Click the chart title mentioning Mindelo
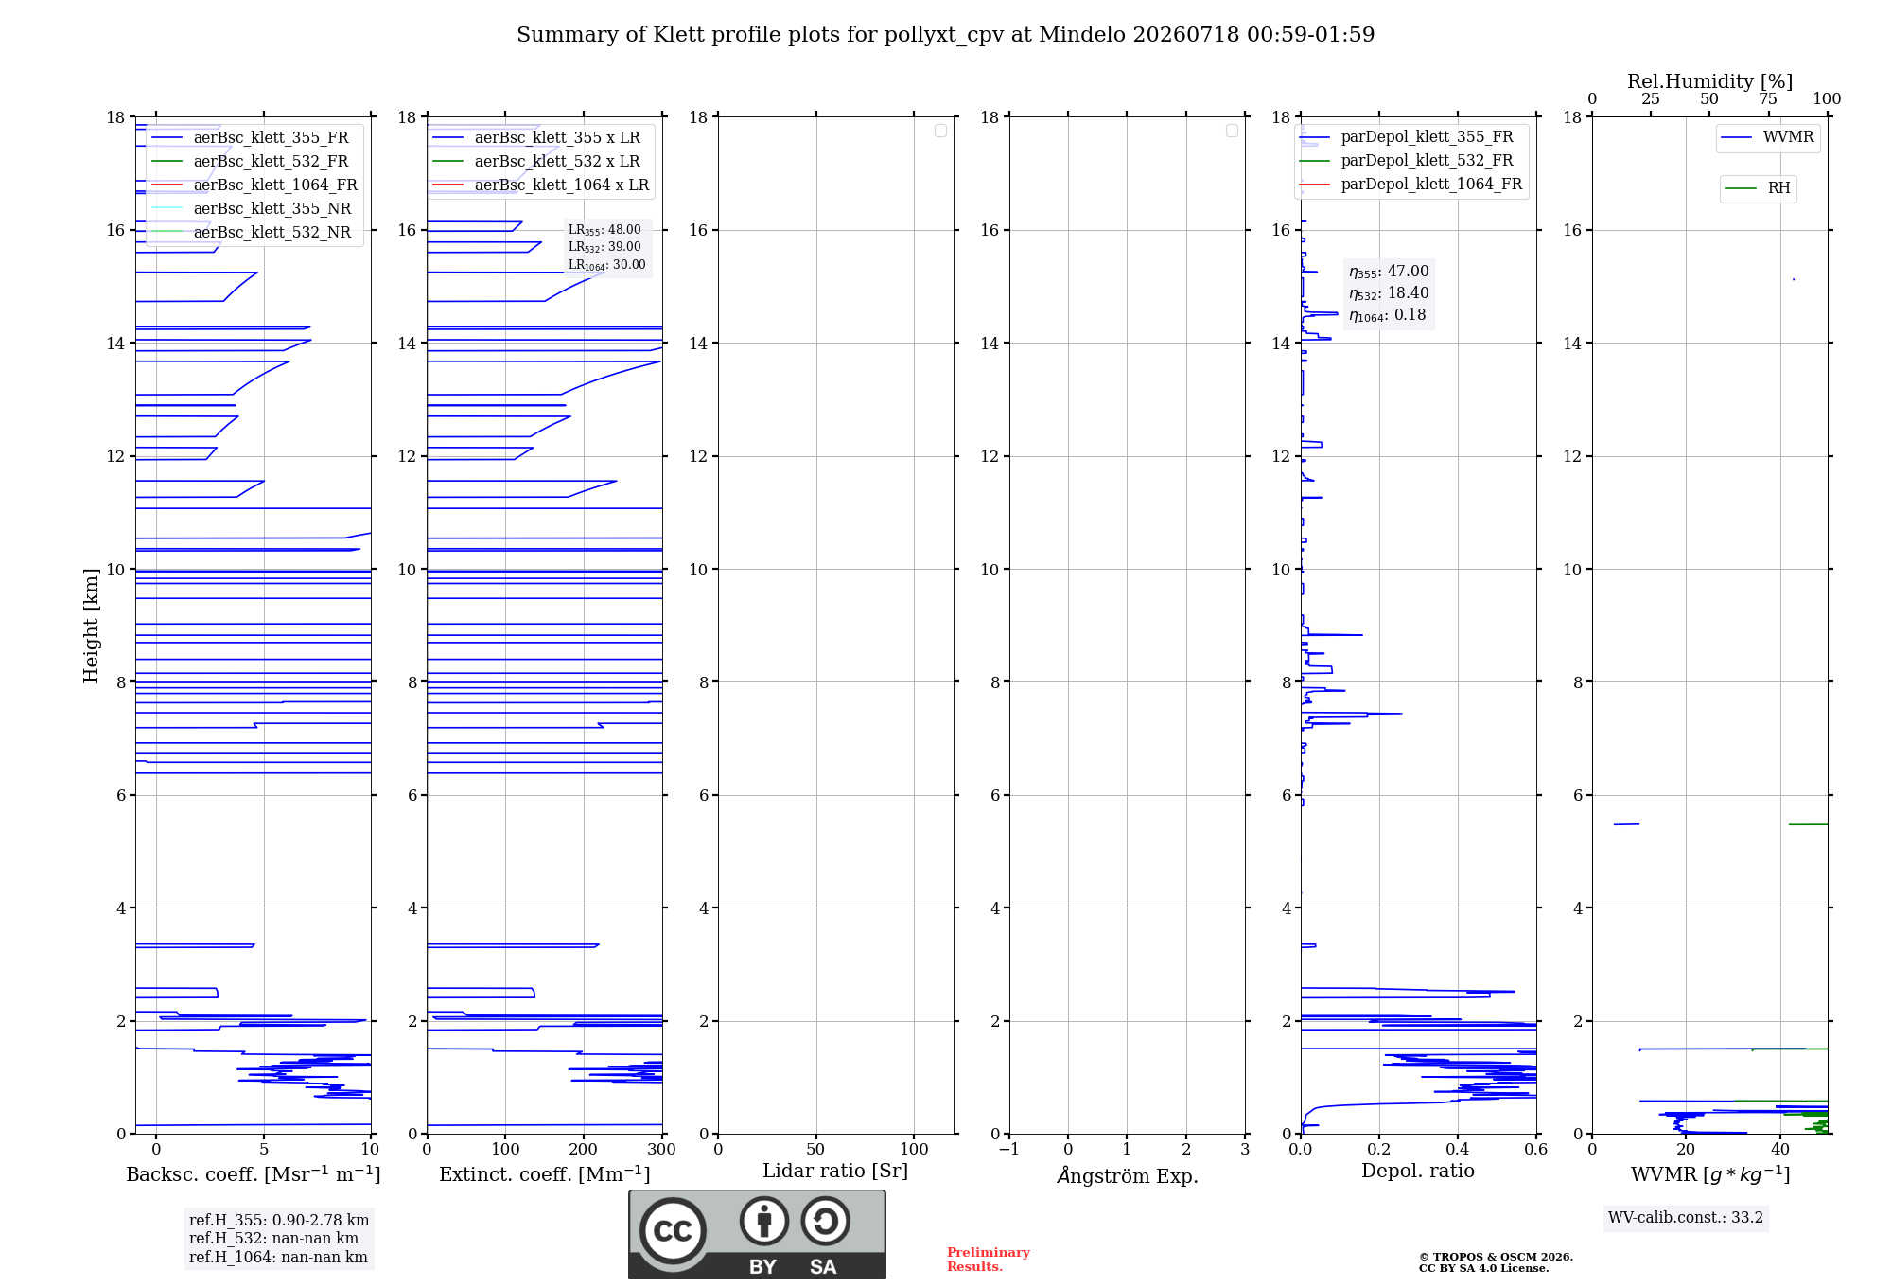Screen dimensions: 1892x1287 [x=945, y=35]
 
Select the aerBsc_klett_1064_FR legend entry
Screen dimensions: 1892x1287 [x=254, y=185]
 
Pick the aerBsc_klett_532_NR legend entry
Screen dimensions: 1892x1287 [x=251, y=232]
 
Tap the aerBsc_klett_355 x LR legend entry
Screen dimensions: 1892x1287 [x=536, y=137]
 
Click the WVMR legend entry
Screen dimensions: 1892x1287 [x=1767, y=137]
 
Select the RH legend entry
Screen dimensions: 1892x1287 [x=1758, y=188]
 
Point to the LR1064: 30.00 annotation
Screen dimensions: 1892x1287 [x=606, y=265]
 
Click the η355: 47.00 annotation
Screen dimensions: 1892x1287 [x=1389, y=272]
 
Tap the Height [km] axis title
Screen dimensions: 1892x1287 [x=91, y=626]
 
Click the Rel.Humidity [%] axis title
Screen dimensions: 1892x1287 [x=1709, y=81]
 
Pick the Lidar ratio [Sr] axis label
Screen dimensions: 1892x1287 [x=835, y=1172]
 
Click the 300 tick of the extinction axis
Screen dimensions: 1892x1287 [x=662, y=1150]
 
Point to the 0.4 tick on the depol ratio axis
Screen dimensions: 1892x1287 [x=1458, y=1150]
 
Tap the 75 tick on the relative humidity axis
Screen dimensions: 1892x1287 [x=1768, y=99]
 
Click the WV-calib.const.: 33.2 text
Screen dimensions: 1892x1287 [x=1686, y=1218]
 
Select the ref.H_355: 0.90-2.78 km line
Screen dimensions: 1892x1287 [x=279, y=1221]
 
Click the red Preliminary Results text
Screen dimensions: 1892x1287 [x=989, y=1260]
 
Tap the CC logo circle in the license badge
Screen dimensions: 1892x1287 [x=673, y=1231]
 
